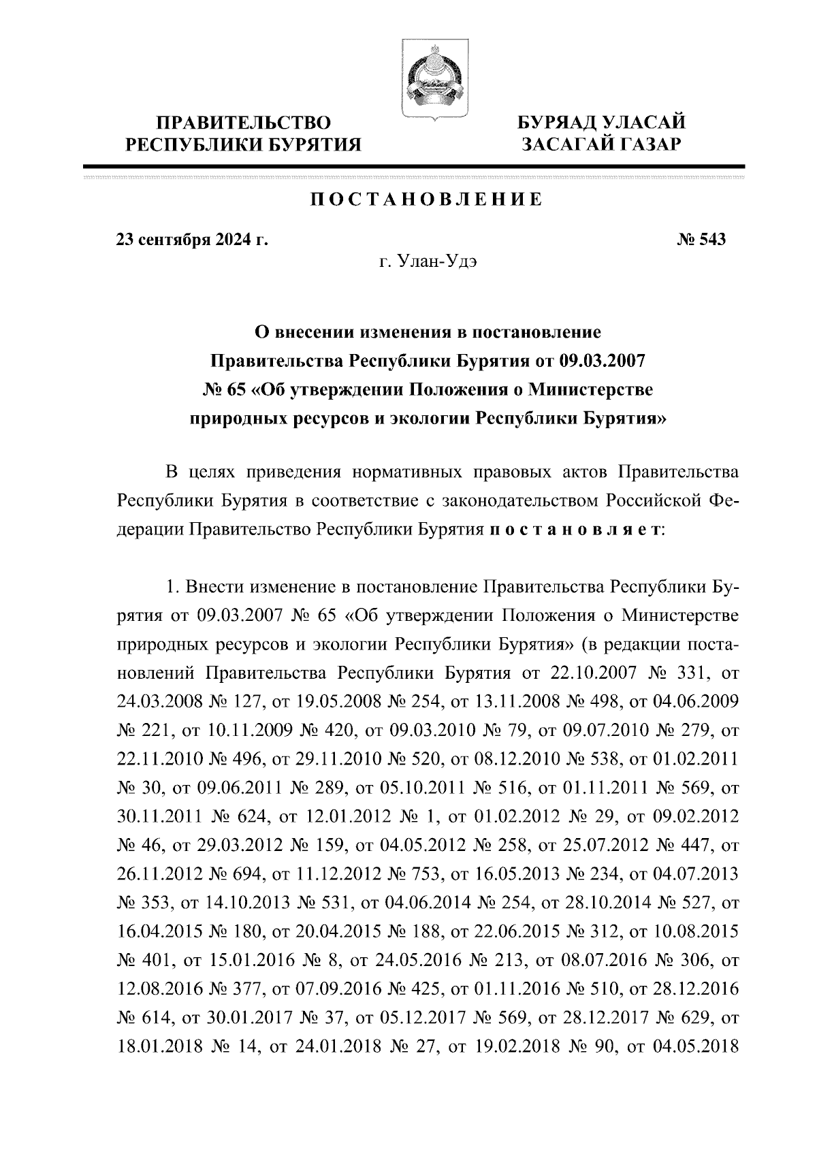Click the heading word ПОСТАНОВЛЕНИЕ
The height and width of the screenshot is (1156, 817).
click(x=427, y=200)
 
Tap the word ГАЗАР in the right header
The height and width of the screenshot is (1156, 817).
click(x=643, y=144)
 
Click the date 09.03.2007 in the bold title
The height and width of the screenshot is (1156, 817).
click(x=602, y=361)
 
